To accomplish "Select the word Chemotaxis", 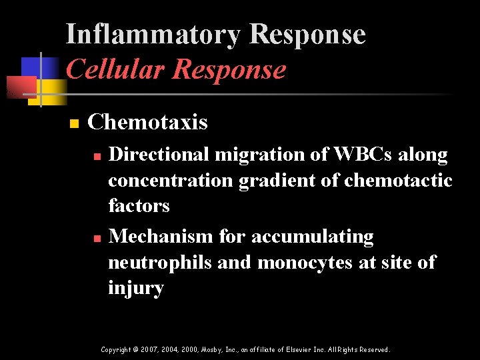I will (x=147, y=123).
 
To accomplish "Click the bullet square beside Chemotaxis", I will (x=74, y=124).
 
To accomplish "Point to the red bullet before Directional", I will (x=97, y=156).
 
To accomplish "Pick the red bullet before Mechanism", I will (x=97, y=238).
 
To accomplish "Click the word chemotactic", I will (x=399, y=181).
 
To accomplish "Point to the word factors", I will (x=139, y=206).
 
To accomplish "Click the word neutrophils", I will (x=161, y=263).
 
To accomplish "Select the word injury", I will (x=136, y=289).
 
